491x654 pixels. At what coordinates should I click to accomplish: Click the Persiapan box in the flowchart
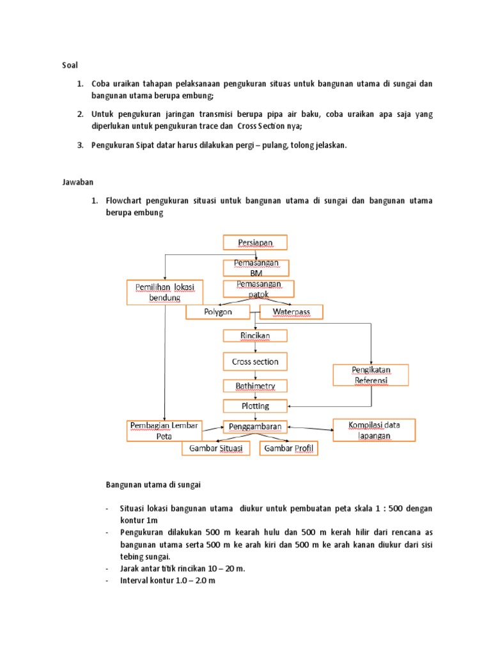click(x=255, y=242)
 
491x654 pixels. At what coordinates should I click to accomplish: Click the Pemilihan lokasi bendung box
click(x=165, y=292)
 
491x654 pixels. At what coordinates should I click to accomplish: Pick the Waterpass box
click(x=291, y=312)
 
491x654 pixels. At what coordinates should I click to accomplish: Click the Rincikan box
click(x=255, y=336)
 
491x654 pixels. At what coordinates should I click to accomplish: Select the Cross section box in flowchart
click(x=255, y=361)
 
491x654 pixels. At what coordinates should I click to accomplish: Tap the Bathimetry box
click(x=255, y=386)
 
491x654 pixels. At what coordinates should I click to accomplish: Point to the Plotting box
click(x=255, y=406)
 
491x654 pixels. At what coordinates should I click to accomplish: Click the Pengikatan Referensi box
click(x=371, y=375)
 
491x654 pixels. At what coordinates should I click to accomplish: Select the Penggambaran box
click(x=255, y=426)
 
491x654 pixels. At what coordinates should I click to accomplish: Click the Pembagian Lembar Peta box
click(x=165, y=430)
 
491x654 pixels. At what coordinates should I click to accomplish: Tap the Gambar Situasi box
click(x=215, y=449)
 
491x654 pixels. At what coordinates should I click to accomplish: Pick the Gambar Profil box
click(x=288, y=449)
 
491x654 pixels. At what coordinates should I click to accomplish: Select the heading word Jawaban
click(x=75, y=182)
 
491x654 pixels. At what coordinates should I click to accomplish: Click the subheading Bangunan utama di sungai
click(x=153, y=485)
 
